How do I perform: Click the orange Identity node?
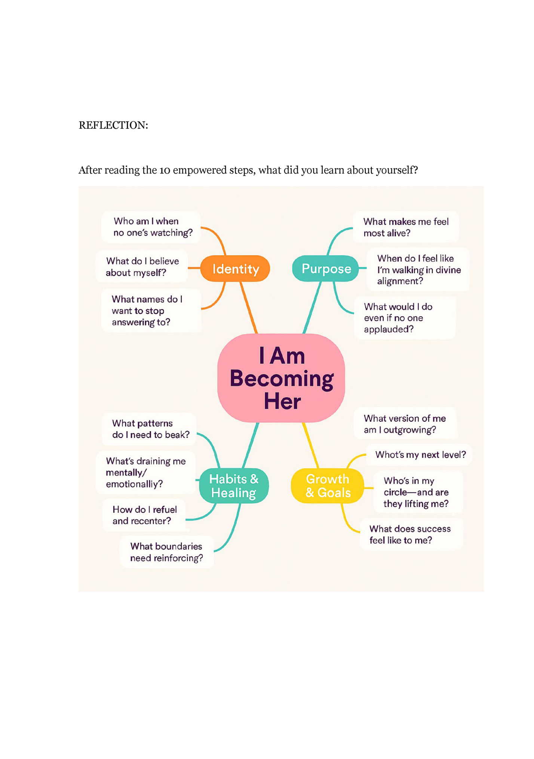235,269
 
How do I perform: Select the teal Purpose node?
326,268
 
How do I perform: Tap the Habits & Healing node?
234,486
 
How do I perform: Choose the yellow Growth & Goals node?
328,486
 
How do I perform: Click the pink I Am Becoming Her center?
281,378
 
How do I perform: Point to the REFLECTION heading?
113,125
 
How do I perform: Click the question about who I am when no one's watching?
151,227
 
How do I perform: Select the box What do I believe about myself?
142,266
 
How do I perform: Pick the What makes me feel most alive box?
405,227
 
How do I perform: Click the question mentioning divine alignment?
418,269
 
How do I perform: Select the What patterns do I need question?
150,429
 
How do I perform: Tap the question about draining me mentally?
145,472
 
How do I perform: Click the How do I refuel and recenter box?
144,515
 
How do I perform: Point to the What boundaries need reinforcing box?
166,552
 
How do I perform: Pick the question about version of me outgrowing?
405,424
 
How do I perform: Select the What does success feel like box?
411,534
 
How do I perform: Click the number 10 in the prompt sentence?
165,170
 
